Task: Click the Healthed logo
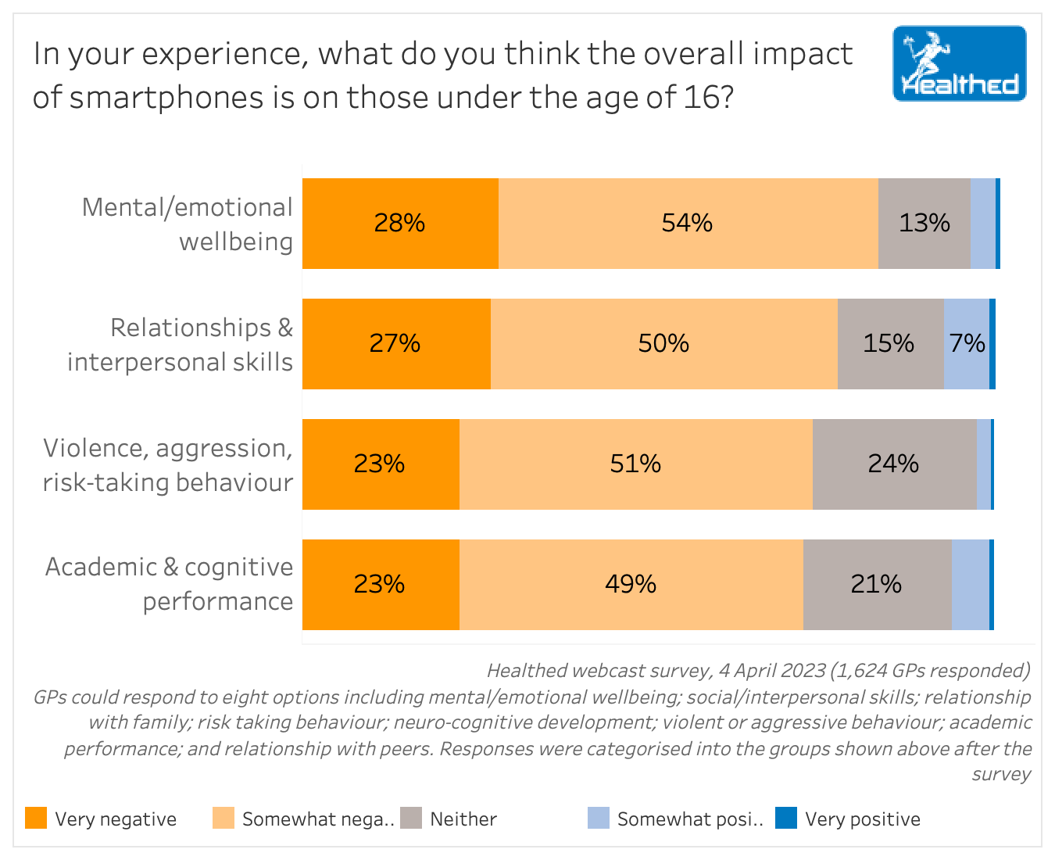[959, 63]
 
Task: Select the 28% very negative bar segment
[400, 224]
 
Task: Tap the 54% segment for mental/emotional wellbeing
[688, 224]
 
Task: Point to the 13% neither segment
[924, 224]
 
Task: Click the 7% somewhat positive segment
[967, 344]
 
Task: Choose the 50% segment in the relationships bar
[663, 344]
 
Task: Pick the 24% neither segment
[894, 464]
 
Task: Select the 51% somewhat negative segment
[635, 464]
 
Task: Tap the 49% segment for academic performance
[631, 585]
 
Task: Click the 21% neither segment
[877, 585]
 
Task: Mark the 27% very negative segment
[395, 344]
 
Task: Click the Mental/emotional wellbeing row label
[188, 224]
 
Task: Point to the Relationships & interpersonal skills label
[180, 345]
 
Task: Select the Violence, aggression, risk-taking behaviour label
[168, 465]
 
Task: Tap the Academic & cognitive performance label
[170, 584]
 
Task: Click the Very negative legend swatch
[36, 819]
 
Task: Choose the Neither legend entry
[463, 819]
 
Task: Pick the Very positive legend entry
[862, 819]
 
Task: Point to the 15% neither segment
[889, 344]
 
